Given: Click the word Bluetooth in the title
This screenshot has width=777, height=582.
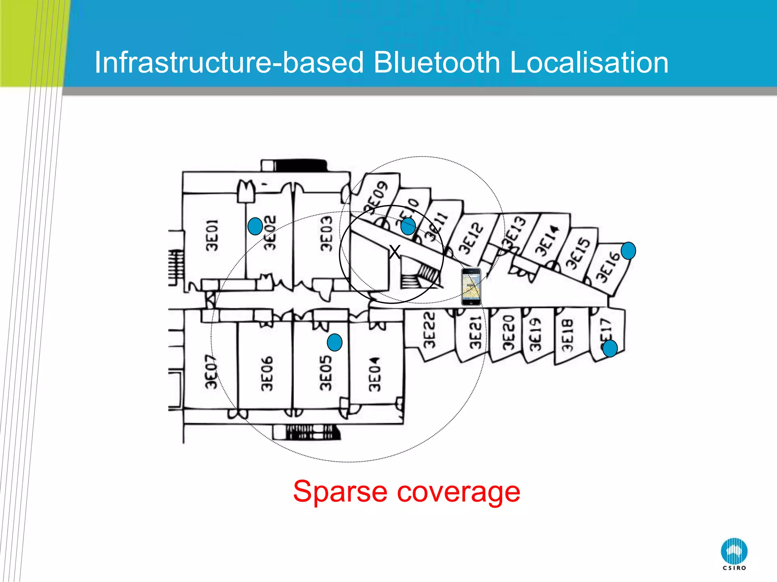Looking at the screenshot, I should click(x=437, y=63).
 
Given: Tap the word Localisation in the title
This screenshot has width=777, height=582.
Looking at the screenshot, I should click(x=589, y=63).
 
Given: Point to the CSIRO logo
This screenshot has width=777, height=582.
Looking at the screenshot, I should click(x=734, y=554).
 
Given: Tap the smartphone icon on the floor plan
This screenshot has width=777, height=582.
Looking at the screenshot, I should click(x=471, y=286).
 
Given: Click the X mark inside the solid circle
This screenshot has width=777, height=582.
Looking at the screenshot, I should click(x=395, y=252).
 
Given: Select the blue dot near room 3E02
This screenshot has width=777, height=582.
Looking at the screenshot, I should click(x=255, y=226).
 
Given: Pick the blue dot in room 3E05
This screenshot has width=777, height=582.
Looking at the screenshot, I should click(x=335, y=342).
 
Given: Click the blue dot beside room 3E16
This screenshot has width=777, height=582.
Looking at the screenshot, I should click(x=628, y=250).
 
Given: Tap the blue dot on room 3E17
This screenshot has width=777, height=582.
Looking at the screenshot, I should click(x=610, y=348).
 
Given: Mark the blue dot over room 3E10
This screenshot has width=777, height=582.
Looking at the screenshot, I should click(x=408, y=226).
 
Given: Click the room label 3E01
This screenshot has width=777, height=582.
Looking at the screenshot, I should click(x=212, y=235).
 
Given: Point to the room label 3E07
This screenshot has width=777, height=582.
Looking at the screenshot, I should click(x=211, y=372).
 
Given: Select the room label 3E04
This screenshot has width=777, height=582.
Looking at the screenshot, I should click(x=374, y=374).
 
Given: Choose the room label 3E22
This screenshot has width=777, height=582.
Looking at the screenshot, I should click(x=429, y=330).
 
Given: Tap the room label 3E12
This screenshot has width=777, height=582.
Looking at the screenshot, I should click(x=471, y=238).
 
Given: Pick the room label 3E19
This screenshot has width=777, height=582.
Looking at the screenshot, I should click(x=535, y=335).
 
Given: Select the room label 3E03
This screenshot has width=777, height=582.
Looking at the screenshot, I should click(x=326, y=234).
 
